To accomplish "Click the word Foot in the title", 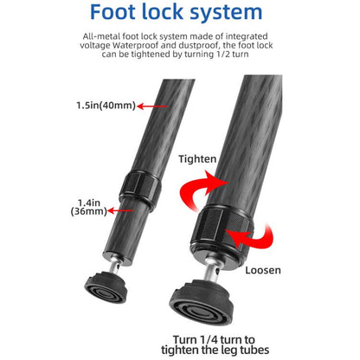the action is pos(113,11).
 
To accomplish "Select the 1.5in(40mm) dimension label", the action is pos(106,106).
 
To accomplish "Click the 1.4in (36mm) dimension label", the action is pos(89,207).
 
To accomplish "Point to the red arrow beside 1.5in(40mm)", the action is pos(152,106).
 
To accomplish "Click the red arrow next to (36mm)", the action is pos(120,211).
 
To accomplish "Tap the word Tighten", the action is pos(197,159).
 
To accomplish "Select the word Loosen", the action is pos(263,270).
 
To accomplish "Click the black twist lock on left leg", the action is pos(140,190).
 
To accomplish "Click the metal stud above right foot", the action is pos(211,270).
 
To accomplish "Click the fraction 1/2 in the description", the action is pos(223,54).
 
